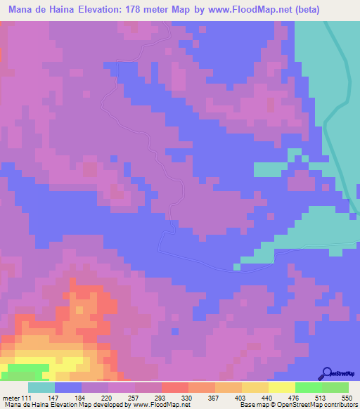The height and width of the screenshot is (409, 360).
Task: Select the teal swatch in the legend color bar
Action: tap(41, 387)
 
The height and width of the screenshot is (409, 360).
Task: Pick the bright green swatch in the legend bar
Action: tap(309, 387)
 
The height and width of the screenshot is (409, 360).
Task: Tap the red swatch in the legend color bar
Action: tap(175, 387)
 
